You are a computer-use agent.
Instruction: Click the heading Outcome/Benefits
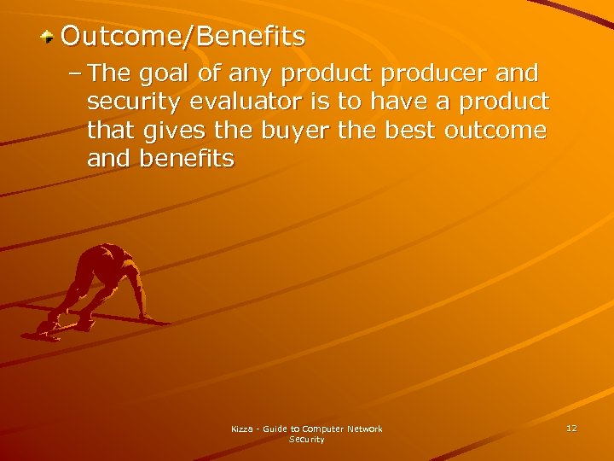182,36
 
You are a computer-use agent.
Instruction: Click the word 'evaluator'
236,102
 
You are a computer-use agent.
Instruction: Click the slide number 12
571,428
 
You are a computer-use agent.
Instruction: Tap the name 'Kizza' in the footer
243,429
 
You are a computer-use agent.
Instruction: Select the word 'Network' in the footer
364,429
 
